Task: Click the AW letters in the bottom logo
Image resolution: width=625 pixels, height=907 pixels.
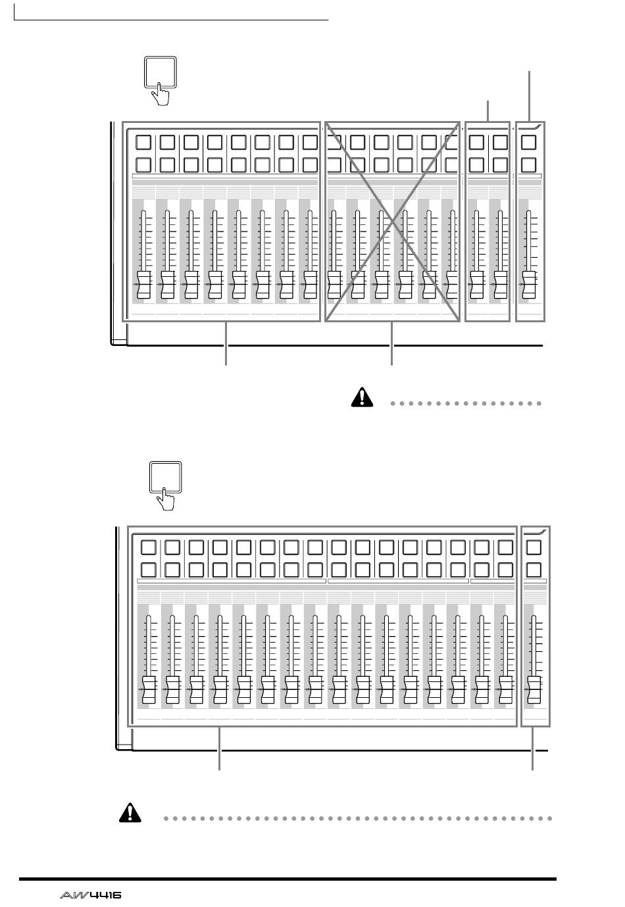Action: click(x=73, y=895)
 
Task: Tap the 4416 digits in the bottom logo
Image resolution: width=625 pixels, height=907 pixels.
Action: click(x=105, y=895)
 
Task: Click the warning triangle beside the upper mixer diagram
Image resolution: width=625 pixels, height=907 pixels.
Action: click(x=362, y=397)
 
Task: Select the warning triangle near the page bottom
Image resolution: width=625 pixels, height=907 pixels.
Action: click(x=130, y=812)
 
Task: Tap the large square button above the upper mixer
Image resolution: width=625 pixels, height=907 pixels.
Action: click(x=161, y=72)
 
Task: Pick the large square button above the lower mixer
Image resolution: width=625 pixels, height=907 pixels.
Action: click(x=166, y=477)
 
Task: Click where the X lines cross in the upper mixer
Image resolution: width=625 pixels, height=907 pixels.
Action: click(x=393, y=222)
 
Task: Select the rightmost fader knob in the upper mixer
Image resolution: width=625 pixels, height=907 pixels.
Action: click(x=529, y=285)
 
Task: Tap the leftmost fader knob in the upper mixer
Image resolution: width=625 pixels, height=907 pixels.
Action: click(x=144, y=285)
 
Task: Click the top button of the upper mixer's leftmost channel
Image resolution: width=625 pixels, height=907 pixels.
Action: click(x=143, y=143)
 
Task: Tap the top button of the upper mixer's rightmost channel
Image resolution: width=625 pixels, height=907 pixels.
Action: click(x=528, y=143)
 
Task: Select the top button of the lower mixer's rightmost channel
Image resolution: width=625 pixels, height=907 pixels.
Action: click(x=534, y=547)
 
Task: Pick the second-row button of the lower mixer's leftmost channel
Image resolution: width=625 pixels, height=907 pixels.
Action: click(x=149, y=570)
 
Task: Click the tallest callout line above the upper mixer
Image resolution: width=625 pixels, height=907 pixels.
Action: click(x=530, y=97)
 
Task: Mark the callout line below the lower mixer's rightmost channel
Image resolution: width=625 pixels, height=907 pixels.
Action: click(x=532, y=748)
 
